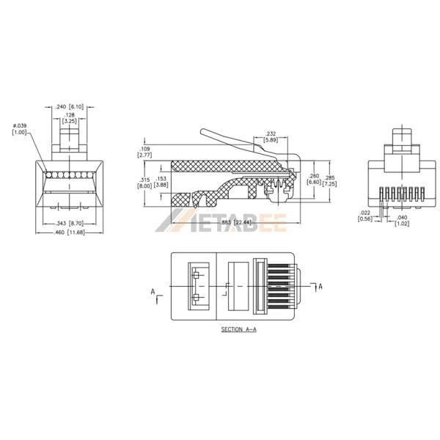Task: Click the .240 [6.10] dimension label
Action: (x=70, y=107)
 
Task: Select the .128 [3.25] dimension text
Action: (x=70, y=118)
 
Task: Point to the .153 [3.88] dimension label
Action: (x=161, y=183)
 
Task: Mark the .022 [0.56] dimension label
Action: (x=364, y=216)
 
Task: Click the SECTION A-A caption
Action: (x=240, y=330)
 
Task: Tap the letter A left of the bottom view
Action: (x=153, y=292)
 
